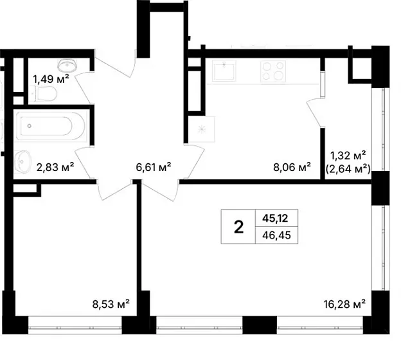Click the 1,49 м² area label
click(51, 79)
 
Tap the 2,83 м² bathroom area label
click(55, 167)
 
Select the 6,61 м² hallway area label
click(154, 167)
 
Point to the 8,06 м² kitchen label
click(292, 167)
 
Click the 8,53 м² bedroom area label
click(111, 304)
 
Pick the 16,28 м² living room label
click(344, 304)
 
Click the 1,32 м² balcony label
click(348, 156)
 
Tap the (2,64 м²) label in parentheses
click(348, 169)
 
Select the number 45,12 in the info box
click(275, 219)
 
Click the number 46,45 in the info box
click(276, 235)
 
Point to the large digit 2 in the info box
click(238, 227)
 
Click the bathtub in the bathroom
click(51, 126)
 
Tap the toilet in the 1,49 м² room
click(43, 94)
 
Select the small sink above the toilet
click(67, 66)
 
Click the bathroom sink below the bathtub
click(22, 161)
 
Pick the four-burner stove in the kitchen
click(273, 71)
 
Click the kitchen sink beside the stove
click(224, 71)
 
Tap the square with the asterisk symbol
click(202, 129)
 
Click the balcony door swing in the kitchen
click(314, 112)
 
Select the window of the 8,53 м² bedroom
click(75, 325)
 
